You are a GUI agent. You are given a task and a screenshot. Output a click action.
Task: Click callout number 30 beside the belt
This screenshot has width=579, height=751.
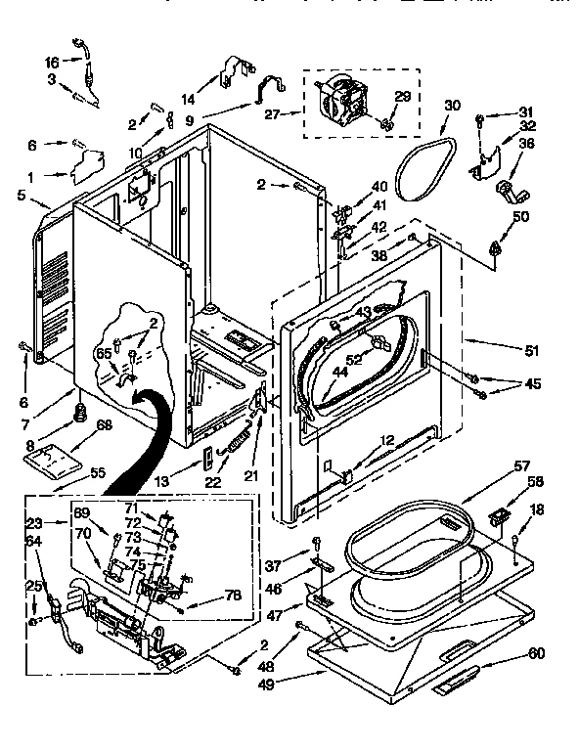(452, 105)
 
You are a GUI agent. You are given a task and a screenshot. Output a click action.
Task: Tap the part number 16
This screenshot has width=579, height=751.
(52, 62)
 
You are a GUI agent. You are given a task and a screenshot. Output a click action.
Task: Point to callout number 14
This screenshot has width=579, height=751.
(188, 99)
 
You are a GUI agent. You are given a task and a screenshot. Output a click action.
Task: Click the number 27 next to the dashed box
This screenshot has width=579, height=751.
(273, 113)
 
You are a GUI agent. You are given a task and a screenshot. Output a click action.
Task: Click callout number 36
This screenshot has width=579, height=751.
(526, 143)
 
